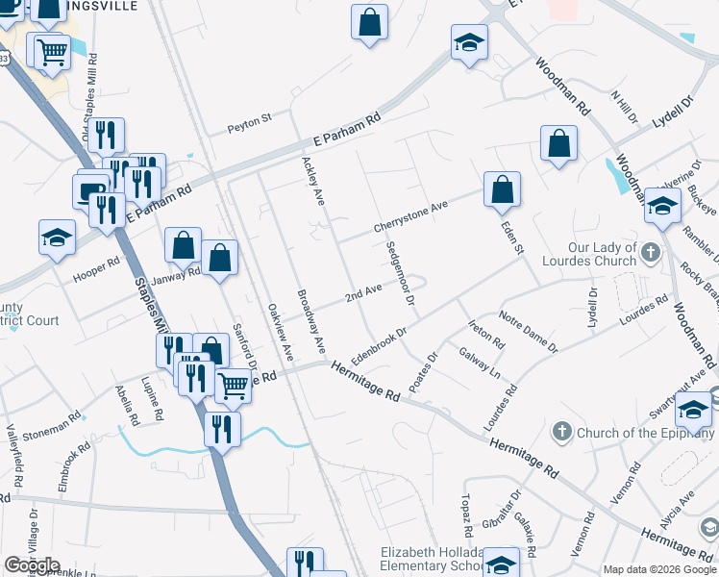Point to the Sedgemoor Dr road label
[x=401, y=273]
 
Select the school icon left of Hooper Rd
[x=57, y=237]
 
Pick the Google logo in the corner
[x=32, y=565]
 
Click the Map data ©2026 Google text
[x=659, y=569]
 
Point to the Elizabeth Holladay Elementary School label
[x=433, y=560]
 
